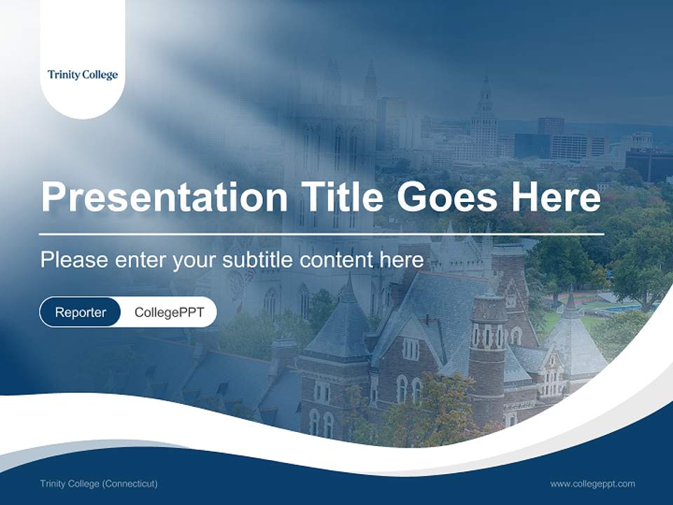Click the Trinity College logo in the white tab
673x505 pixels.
pyautogui.click(x=83, y=75)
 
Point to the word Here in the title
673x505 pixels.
pyautogui.click(x=556, y=197)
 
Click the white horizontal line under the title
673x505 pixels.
pyautogui.click(x=322, y=234)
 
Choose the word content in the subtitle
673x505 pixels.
pyautogui.click(x=337, y=260)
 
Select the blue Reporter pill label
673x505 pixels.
pyautogui.click(x=81, y=312)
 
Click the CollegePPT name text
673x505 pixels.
pyautogui.click(x=169, y=312)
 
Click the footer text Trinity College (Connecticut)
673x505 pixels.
pyautogui.click(x=99, y=483)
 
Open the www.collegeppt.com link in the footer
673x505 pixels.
pyautogui.click(x=592, y=483)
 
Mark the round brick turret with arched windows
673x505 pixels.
pyautogui.click(x=488, y=337)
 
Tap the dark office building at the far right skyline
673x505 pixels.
pyautogui.click(x=648, y=165)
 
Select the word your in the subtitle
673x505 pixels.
pyautogui.click(x=196, y=260)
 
